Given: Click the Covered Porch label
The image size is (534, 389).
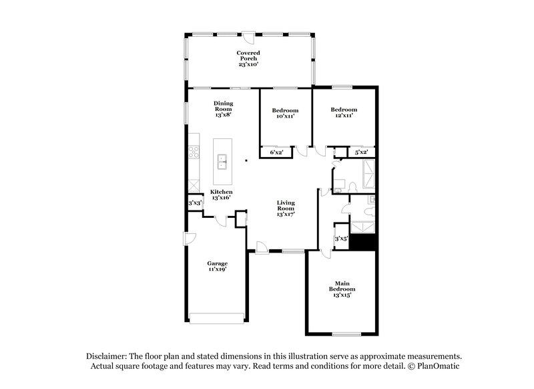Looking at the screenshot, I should (x=248, y=58).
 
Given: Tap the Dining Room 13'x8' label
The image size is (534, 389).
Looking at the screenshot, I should (x=223, y=109).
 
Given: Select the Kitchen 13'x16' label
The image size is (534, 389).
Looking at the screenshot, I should (x=221, y=194).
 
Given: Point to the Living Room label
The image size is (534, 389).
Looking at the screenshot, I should (x=286, y=207).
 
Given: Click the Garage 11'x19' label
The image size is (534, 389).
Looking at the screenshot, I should (x=217, y=267).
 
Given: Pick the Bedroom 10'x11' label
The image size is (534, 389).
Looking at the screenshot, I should (x=285, y=113).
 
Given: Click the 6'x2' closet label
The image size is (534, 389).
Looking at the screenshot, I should (x=276, y=153).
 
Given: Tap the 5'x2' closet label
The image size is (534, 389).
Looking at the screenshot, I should (x=361, y=152).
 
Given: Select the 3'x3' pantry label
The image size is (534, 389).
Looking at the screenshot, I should (x=195, y=203).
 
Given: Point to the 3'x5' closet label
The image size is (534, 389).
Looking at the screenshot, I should (x=340, y=239).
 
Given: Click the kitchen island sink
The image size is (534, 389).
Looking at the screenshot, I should (x=222, y=160).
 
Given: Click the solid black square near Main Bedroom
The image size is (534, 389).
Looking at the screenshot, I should (x=364, y=241).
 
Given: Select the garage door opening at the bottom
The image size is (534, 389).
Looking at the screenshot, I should (x=217, y=318).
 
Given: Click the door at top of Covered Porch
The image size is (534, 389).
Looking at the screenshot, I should (x=248, y=37).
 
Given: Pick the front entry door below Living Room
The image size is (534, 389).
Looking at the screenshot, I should (x=262, y=248).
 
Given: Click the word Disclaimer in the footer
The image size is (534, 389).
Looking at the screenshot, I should (x=109, y=356).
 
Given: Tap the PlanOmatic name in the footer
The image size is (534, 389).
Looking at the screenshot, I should (x=435, y=367).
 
